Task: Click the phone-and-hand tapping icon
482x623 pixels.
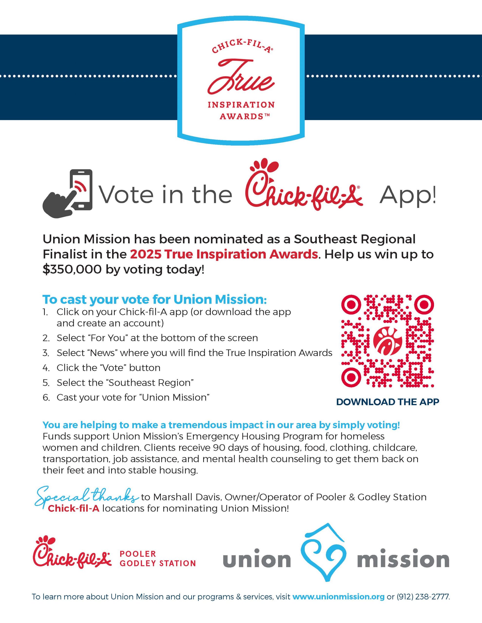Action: point(68,194)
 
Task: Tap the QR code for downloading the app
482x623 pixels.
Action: point(387,341)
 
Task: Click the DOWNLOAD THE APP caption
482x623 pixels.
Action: point(387,402)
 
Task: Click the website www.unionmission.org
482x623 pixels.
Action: point(338,597)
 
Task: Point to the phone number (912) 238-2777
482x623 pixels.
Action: point(423,597)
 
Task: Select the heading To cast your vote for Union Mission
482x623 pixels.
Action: point(154,300)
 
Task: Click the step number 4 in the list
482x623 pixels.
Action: point(46,368)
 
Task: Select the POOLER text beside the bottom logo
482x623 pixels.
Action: point(138,554)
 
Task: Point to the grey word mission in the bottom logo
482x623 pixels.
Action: point(403,560)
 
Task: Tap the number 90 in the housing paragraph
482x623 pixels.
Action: point(219,448)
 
